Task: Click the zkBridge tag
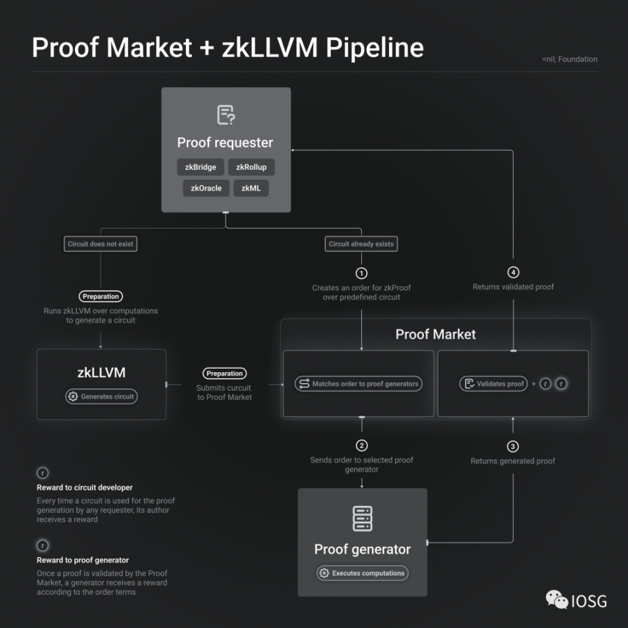pos(200,167)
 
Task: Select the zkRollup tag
pos(251,167)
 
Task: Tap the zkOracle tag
pos(205,188)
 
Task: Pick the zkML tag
pos(251,188)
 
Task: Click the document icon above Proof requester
pos(225,115)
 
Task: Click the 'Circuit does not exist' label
pos(101,244)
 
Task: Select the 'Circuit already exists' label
pos(361,244)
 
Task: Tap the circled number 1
pos(362,273)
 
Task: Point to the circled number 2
pos(362,445)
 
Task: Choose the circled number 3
pos(513,446)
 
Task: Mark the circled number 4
pos(514,273)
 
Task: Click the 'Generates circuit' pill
pos(102,397)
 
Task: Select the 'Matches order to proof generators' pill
pos(359,384)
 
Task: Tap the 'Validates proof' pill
pos(494,384)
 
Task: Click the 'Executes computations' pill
pos(362,573)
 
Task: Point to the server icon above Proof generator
pos(362,518)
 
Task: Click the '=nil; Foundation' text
pos(570,59)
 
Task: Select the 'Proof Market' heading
pos(435,335)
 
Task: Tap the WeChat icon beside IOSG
pos(556,600)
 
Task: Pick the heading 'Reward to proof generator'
pos(83,560)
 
